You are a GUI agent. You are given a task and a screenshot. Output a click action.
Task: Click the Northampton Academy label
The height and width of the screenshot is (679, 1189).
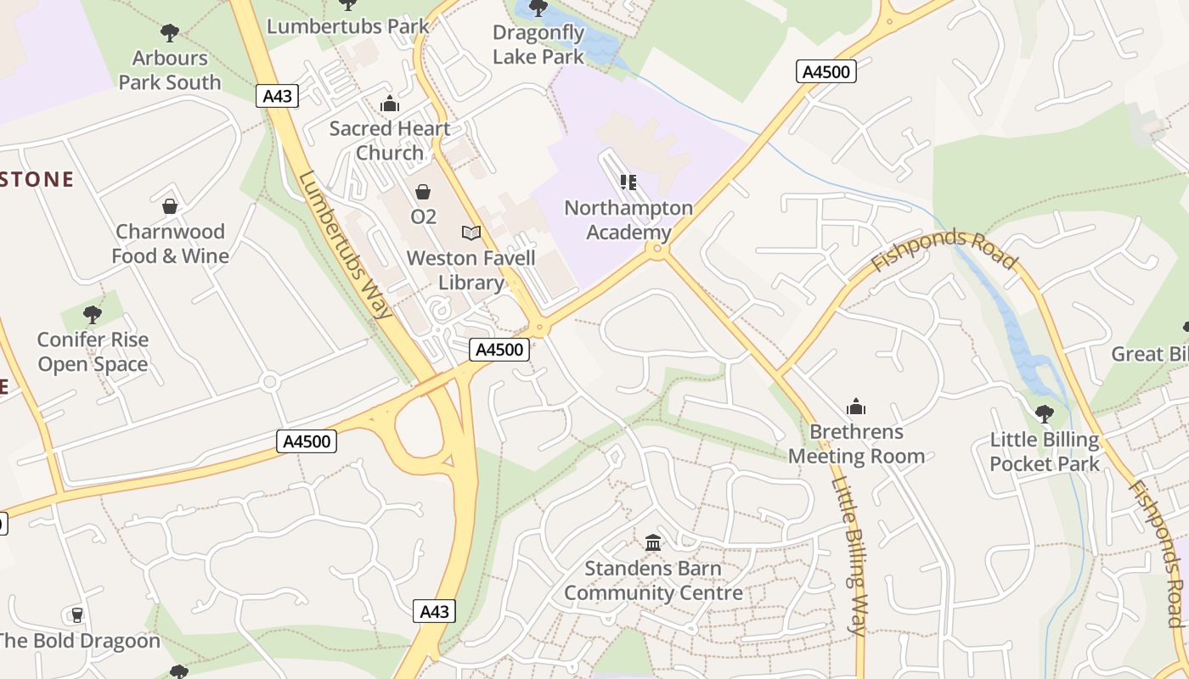(628, 220)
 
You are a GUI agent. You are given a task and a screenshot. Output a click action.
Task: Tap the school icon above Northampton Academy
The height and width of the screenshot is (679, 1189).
(628, 182)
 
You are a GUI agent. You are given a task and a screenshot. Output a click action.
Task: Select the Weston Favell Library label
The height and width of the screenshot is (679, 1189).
(471, 270)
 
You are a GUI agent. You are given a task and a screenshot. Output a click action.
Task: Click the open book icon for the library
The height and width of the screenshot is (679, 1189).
(471, 232)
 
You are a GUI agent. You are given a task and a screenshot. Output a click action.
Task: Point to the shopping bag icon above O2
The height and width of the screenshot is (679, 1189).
(423, 192)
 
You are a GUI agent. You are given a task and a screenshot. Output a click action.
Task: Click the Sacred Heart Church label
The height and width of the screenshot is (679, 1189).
(390, 141)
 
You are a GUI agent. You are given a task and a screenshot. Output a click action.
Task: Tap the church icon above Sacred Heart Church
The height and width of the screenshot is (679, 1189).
(390, 104)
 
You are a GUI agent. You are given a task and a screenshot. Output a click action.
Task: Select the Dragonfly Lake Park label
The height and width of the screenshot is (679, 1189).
(538, 45)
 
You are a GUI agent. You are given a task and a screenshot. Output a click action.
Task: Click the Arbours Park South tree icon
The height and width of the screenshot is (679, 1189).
(170, 33)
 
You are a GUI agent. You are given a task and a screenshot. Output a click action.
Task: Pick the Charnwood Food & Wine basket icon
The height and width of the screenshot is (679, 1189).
(170, 206)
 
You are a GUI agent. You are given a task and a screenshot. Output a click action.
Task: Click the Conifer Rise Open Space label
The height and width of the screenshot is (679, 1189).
(93, 352)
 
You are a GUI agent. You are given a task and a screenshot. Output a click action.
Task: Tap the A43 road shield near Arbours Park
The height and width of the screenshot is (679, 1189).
(278, 96)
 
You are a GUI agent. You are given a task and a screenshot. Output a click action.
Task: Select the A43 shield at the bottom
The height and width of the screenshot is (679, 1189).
(434, 611)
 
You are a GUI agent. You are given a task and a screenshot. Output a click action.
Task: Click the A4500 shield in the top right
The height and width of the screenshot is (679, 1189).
(826, 71)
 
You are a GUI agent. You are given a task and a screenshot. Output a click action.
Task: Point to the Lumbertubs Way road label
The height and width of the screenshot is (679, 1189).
(346, 245)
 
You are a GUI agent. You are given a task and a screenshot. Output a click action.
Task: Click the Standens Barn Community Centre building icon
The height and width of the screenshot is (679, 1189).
(653, 542)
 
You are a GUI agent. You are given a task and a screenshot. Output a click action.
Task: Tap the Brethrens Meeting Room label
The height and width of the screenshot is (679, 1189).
(856, 444)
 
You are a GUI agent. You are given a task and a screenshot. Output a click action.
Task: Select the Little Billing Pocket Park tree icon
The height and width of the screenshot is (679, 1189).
(1045, 414)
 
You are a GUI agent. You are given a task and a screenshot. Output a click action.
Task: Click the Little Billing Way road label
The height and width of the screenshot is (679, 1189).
(849, 556)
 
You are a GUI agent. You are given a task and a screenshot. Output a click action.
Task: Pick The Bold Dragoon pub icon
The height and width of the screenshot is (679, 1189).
(77, 614)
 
